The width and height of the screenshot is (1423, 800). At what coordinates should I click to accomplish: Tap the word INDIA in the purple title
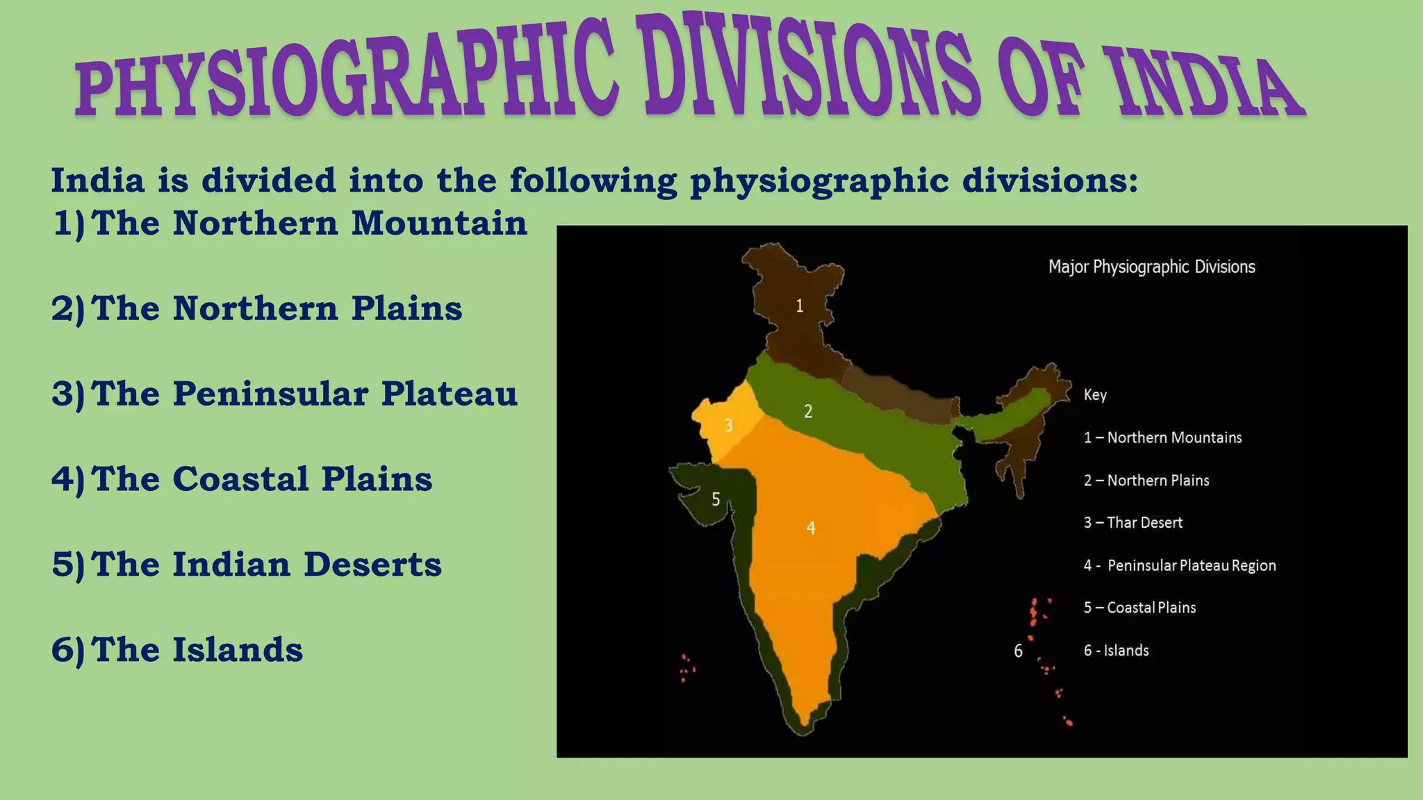tap(1208, 83)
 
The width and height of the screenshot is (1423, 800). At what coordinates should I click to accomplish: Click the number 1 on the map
tap(800, 306)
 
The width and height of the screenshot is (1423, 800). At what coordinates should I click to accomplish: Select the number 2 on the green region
tap(808, 412)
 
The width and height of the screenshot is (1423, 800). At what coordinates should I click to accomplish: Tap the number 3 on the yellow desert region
tap(728, 425)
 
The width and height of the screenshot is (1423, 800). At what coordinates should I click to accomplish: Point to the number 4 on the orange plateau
tap(810, 528)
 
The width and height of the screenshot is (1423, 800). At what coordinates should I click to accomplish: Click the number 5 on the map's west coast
tap(716, 499)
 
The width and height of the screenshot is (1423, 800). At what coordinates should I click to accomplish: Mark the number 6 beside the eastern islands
tap(1018, 651)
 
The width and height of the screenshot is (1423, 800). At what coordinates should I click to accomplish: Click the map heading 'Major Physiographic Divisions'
tap(1151, 267)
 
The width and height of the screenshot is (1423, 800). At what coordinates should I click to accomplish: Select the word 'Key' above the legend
tap(1095, 395)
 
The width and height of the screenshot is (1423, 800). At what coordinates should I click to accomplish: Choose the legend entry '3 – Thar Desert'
tap(1133, 523)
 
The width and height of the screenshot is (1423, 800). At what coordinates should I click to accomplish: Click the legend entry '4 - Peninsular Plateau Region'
tap(1179, 566)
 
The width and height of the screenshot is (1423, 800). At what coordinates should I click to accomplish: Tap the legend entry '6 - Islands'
tap(1116, 651)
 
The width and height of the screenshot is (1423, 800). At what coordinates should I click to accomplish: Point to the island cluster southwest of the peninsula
tap(687, 668)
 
